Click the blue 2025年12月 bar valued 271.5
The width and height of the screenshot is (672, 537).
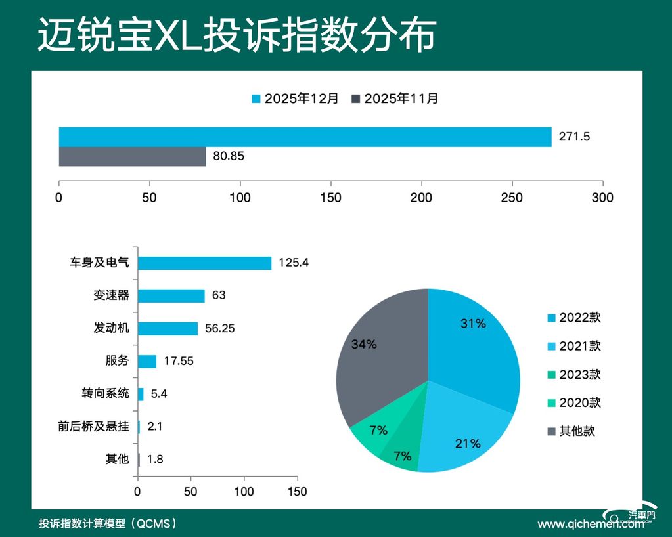[305, 137]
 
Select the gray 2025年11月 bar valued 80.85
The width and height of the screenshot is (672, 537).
[132, 157]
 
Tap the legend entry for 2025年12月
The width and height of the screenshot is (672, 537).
[296, 98]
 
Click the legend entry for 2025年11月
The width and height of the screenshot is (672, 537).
[395, 98]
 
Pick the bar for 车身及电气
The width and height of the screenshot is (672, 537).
[204, 263]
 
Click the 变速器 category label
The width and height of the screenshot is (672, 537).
[111, 295]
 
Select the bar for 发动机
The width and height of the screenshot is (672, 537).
[168, 328]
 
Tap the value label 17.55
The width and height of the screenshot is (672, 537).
[178, 361]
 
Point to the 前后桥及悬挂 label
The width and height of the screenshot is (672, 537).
[93, 426]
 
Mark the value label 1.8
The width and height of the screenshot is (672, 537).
[155, 459]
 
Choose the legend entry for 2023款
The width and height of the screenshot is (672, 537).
[573, 375]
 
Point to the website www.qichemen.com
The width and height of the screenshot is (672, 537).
[591, 524]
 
